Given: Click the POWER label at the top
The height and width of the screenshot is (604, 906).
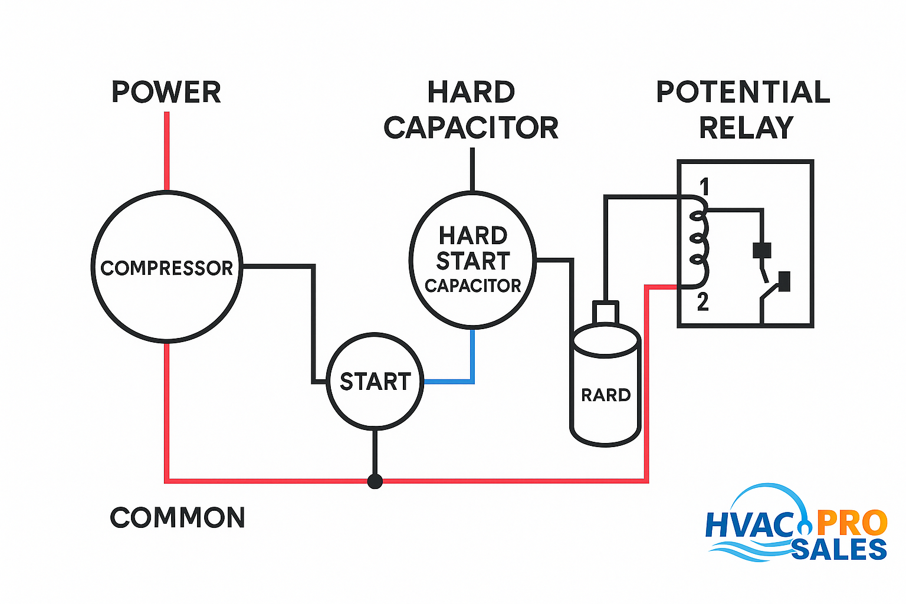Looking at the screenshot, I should coord(166,93).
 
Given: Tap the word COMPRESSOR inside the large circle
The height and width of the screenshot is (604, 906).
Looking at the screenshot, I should coord(167,268).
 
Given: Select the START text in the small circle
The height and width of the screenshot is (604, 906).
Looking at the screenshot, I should coord(375,382).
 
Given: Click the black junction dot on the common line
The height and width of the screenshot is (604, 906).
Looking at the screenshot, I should coord(375,481).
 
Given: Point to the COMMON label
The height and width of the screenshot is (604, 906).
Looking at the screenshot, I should coord(178,518).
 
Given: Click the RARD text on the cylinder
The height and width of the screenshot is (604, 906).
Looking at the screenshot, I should coord(606,395).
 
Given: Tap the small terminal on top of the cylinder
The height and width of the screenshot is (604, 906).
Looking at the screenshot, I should coord(606,311).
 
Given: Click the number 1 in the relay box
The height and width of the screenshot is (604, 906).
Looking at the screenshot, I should coord(704,187).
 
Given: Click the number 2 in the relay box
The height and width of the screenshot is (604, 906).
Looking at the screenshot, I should coord(703,302).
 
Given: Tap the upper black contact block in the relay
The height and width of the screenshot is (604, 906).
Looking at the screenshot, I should coord(762,250).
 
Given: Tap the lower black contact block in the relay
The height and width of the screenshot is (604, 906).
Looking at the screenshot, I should coord(784,281).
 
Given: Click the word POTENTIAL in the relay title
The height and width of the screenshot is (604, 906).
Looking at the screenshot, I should coord(743,93).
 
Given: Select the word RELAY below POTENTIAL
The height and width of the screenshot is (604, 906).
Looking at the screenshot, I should coord(746,128).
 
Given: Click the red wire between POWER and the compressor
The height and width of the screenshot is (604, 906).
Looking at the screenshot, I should coord(167,150).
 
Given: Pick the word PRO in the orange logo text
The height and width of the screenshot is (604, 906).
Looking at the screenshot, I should coord(852,523).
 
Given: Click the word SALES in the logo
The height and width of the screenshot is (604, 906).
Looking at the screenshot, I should coord(839,549).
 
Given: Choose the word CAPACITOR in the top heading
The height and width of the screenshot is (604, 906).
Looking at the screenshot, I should coord(471,128).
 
